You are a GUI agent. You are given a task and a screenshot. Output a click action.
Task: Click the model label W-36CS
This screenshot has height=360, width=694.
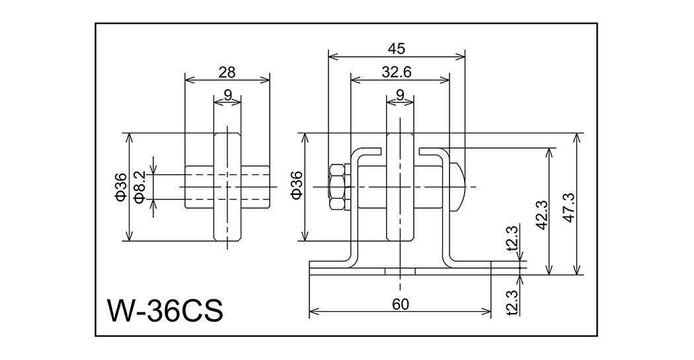point(165,310)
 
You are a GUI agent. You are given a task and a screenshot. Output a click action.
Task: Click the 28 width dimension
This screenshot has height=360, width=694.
point(227,72)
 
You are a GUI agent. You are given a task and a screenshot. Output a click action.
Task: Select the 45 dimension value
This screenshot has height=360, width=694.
point(397,48)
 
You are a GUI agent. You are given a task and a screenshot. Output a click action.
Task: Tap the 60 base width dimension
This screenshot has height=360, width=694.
point(401,304)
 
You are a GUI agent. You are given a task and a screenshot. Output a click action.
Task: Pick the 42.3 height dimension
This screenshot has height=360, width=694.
point(541,213)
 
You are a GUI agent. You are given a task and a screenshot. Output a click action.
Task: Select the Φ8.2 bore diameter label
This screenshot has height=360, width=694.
point(139,187)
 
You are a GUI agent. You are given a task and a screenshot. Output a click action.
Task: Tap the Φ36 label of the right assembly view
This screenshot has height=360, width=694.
point(296,187)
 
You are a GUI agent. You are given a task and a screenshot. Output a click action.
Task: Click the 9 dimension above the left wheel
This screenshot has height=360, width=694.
point(227,94)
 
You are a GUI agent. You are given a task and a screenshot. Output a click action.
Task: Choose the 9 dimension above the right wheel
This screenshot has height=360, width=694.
point(400,94)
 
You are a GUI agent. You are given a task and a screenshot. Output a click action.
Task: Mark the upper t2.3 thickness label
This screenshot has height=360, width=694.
point(511,240)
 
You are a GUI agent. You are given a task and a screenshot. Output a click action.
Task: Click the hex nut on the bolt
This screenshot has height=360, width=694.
point(336,187)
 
